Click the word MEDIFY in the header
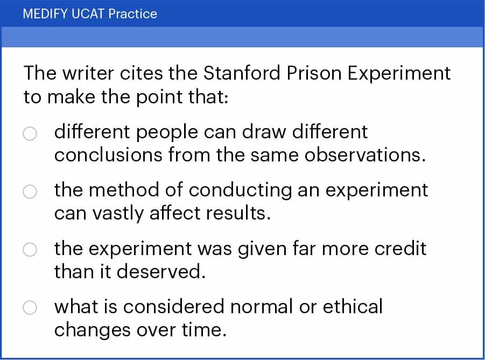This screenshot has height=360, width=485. (45, 14)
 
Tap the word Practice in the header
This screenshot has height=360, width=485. (133, 14)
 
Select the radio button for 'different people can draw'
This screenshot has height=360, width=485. (30, 133)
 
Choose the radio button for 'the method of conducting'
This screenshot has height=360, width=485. (30, 192)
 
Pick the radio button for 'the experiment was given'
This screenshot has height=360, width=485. (30, 250)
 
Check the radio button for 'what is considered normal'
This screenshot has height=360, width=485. (30, 308)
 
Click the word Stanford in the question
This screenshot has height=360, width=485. (242, 73)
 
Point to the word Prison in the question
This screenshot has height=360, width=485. (314, 73)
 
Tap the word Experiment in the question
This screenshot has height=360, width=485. (399, 74)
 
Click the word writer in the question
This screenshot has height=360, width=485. (88, 74)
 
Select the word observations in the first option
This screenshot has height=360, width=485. (364, 154)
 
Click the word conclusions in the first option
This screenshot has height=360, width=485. (108, 154)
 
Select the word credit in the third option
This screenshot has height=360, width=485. (400, 248)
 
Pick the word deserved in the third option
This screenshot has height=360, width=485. (161, 272)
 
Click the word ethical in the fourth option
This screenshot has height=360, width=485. (353, 307)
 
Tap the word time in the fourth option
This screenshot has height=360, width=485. (204, 330)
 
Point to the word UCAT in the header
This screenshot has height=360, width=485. (88, 14)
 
